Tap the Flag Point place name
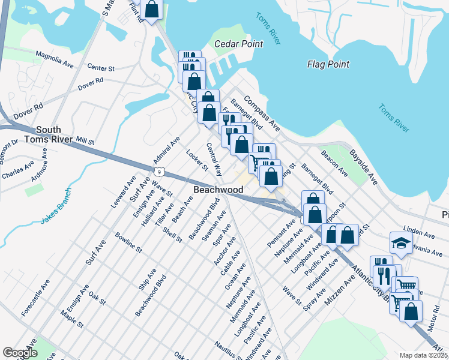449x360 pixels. click(x=328, y=64)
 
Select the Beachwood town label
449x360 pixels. click(x=218, y=190)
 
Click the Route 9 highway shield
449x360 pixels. click(x=158, y=172)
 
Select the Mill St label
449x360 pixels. click(x=84, y=141)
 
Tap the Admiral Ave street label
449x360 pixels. click(x=166, y=151)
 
